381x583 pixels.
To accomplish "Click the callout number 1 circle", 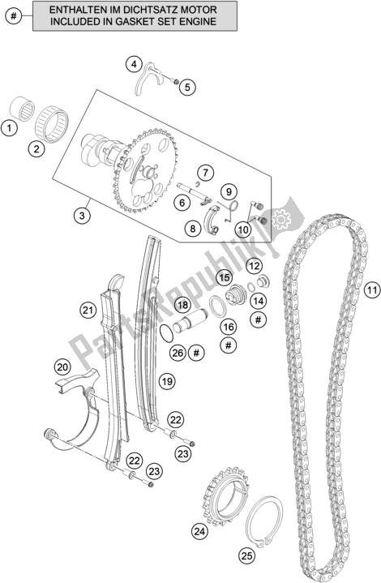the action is click(x=9, y=129).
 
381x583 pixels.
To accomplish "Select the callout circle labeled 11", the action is click(x=372, y=289).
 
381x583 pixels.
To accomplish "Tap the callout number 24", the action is click(x=199, y=532).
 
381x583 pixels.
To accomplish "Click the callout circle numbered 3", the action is click(x=82, y=215).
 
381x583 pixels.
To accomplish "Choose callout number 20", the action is click(x=62, y=367).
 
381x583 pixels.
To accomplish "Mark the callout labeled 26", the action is click(x=178, y=353).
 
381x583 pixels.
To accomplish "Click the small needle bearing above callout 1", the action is click(x=22, y=109).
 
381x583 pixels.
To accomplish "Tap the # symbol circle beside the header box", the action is click(x=14, y=16).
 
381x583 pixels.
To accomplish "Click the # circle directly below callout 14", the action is click(x=259, y=319).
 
